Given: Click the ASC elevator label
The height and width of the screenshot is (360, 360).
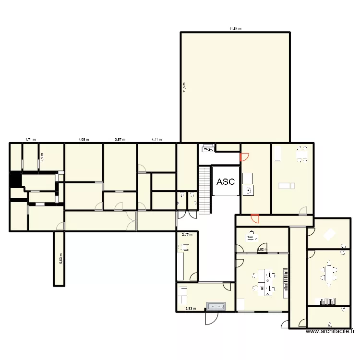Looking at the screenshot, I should pos(226,182).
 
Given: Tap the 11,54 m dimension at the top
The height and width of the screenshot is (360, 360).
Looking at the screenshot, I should pos(235,29).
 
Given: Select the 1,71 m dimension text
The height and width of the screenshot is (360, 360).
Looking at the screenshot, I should pos(31,140).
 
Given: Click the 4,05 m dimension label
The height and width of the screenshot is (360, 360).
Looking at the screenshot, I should pos(84,140).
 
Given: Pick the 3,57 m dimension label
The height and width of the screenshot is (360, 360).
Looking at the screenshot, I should pos(120,140).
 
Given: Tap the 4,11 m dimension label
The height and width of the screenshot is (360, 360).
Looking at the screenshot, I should pos(156,140).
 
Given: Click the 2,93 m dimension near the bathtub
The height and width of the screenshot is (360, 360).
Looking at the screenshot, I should pos(191,309).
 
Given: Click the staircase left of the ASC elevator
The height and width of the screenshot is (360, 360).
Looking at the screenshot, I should pos(205,190).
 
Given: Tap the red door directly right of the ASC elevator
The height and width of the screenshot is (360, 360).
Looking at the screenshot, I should pos(244,156).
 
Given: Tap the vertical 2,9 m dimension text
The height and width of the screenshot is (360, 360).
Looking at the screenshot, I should pos(42,156).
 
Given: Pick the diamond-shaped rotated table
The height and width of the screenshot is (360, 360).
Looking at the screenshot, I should pos(330,234).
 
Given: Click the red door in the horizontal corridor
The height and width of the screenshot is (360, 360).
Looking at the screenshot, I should pos(255,218).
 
